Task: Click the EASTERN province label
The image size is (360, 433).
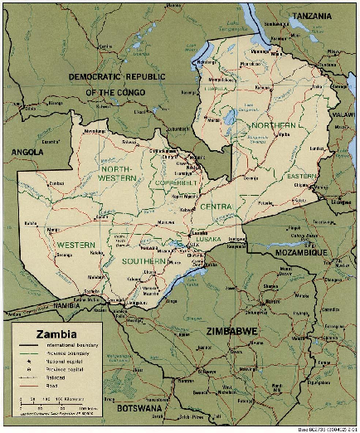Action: click(x=303, y=177)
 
